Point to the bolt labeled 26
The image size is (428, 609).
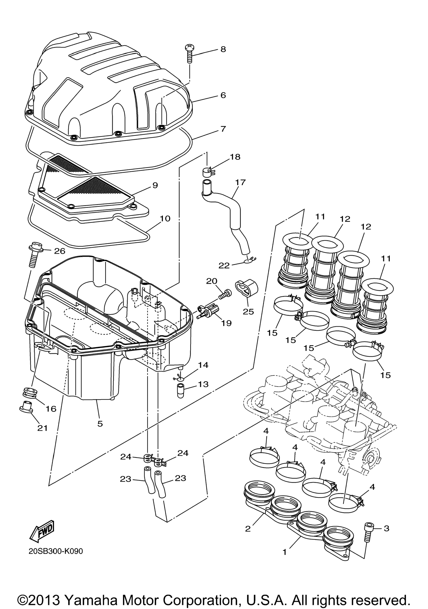35,255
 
